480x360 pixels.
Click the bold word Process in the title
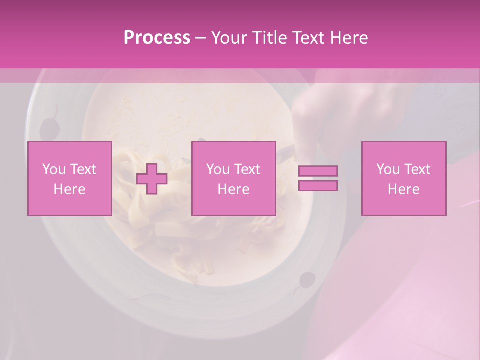(157, 37)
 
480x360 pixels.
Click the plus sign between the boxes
(152, 178)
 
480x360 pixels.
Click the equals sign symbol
(318, 178)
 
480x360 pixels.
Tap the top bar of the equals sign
(318, 171)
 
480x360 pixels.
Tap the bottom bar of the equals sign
(318, 185)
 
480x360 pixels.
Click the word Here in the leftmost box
(69, 189)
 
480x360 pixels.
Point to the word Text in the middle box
(247, 169)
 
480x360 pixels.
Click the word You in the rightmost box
(388, 169)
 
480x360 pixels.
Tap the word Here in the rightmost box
(403, 189)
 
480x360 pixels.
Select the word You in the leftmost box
(54, 169)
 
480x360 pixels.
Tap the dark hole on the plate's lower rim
(307, 280)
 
